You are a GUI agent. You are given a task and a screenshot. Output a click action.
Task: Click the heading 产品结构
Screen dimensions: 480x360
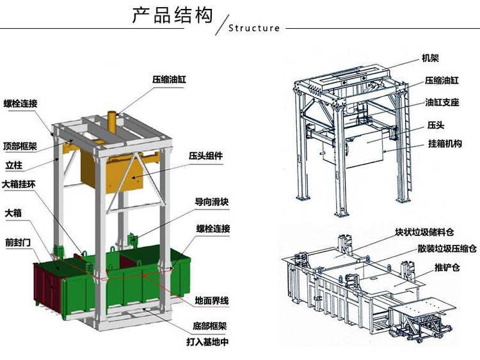pos(172,15)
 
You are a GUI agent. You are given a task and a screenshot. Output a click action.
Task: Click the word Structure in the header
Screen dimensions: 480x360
pos(254,28)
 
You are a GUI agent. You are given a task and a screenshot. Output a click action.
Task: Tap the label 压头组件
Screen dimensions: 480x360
pos(205,156)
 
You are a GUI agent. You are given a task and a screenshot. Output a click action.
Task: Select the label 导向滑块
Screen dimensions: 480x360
pos(212,202)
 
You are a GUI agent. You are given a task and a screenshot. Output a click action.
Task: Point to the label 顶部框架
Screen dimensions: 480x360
pos(20,146)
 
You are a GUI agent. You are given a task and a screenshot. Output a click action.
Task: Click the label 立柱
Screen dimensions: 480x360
pos(14,165)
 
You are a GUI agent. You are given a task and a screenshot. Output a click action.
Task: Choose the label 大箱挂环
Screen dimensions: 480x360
pos(19,184)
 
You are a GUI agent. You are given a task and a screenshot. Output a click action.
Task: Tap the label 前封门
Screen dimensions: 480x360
pos(18,242)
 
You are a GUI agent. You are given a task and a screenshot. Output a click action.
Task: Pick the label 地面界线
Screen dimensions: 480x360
pos(212,301)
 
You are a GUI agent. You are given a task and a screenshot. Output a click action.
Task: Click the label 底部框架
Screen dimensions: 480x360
pos(210,326)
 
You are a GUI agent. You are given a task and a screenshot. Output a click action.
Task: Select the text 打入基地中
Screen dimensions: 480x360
pos(208,341)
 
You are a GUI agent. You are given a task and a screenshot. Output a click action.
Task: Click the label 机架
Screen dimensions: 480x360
pos(431,58)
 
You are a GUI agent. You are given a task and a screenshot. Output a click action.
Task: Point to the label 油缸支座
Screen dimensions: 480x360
pos(442,102)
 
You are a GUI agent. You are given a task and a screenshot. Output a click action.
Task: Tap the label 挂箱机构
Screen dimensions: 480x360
pos(445,143)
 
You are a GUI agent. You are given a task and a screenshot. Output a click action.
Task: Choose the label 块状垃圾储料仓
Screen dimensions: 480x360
pos(424,232)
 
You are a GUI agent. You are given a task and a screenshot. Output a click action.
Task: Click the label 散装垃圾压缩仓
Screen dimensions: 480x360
pos(447,248)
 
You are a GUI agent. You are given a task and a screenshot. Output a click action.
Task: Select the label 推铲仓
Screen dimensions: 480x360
pos(447,268)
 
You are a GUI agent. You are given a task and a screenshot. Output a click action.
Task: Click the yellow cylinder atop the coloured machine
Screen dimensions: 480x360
pos(113,122)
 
